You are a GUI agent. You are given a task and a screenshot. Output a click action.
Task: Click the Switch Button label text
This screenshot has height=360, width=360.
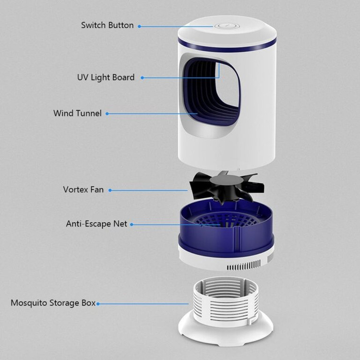coord(107,25)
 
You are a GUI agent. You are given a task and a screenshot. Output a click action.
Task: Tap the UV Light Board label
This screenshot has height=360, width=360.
coord(106,77)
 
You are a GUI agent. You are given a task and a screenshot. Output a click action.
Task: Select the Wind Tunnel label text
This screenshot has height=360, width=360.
coord(77,113)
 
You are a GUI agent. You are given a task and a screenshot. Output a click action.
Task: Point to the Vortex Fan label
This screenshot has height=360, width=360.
coord(84,190)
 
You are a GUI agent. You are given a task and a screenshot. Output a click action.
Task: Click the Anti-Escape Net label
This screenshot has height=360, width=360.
coord(96,224)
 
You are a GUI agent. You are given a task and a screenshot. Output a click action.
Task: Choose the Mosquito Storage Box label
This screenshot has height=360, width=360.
coord(53,303)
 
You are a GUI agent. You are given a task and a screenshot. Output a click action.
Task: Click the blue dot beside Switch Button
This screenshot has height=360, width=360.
coord(139,26)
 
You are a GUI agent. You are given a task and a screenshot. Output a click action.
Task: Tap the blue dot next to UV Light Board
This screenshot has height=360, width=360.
coord(143,78)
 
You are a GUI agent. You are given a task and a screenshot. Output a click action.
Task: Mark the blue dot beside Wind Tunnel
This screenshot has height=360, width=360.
coord(107,114)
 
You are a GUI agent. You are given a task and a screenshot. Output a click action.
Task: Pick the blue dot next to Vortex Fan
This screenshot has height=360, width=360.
coord(110,191)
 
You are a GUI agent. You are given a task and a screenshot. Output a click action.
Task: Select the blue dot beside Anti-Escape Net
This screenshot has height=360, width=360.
coord(132,225)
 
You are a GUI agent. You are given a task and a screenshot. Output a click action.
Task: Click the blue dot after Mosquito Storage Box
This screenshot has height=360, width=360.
coord(98,304)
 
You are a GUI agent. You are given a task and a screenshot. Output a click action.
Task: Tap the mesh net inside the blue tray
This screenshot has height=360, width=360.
coord(226,220)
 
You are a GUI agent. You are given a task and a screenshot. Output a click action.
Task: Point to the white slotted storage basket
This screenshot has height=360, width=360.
coord(226,301)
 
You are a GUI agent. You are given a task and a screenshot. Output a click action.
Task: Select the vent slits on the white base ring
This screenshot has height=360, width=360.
coord(244,266)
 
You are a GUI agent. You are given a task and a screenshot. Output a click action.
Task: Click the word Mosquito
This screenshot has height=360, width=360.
coord(29,303)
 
